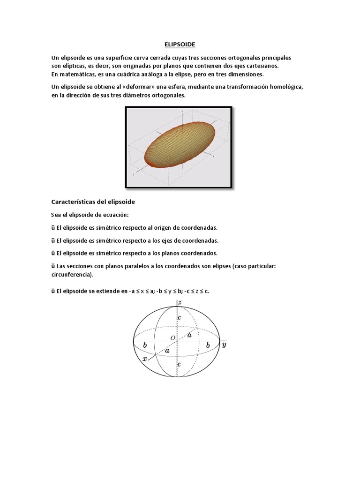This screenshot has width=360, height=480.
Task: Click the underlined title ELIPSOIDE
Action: pyautogui.click(x=180, y=45)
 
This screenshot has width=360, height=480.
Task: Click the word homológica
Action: pyautogui.click(x=285, y=87)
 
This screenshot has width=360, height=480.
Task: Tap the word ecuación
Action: pyautogui.click(x=114, y=215)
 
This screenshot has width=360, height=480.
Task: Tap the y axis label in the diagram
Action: pyautogui.click(x=225, y=345)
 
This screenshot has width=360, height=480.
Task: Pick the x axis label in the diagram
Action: pyautogui.click(x=145, y=359)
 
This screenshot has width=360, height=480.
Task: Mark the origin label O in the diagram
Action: pyautogui.click(x=172, y=337)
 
